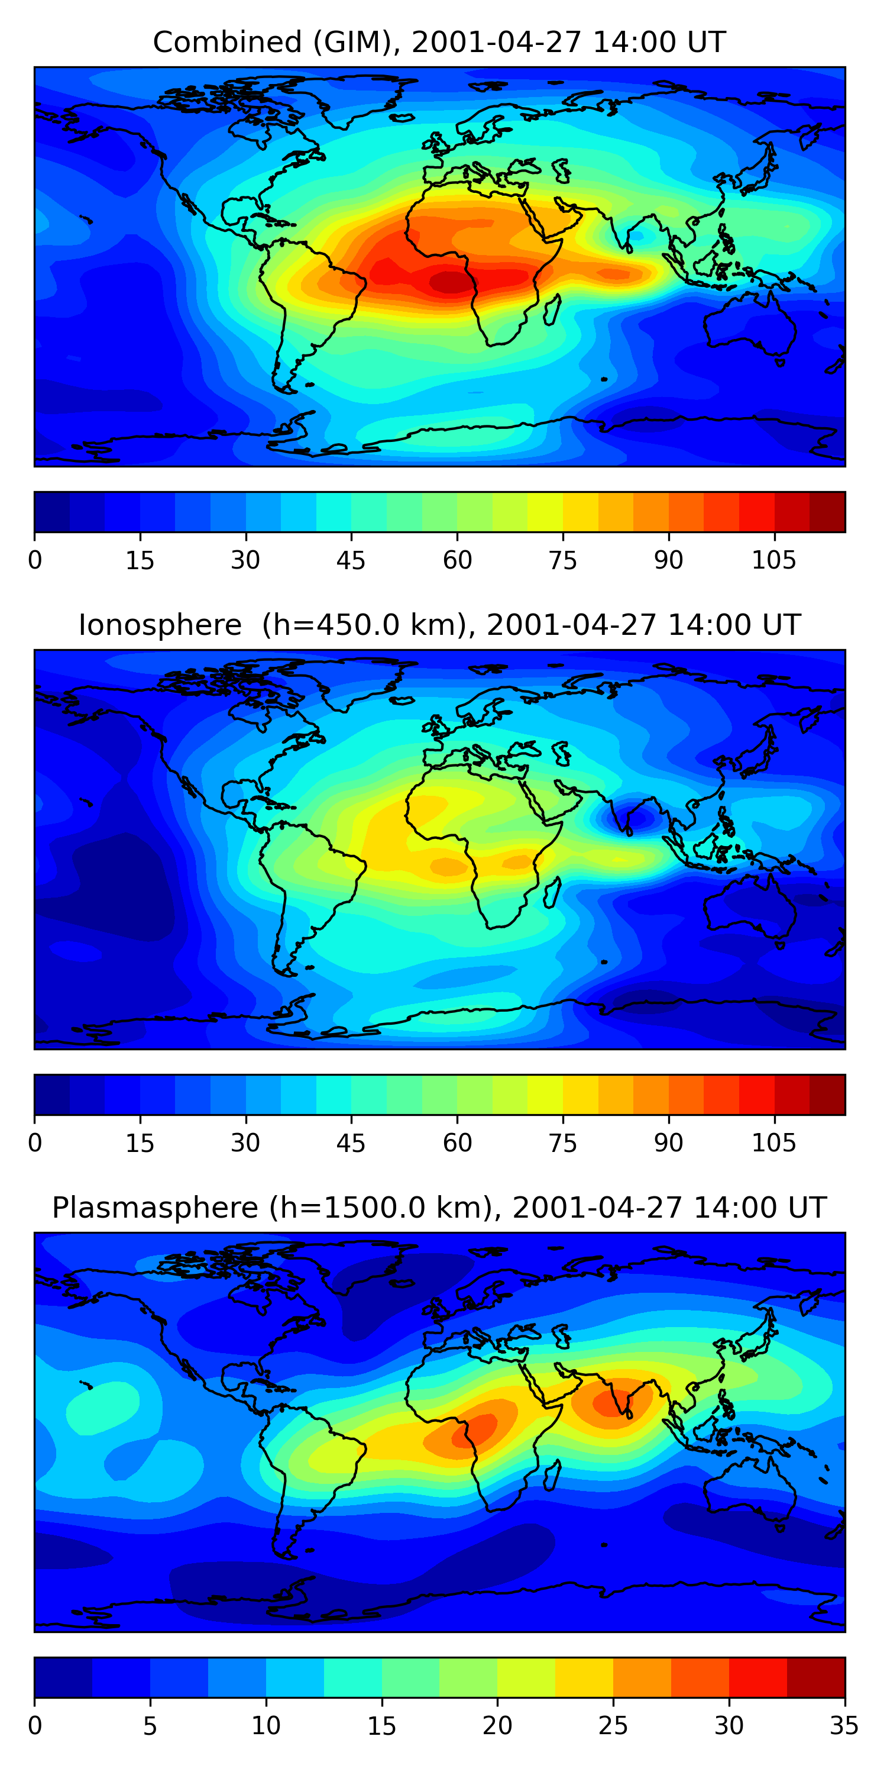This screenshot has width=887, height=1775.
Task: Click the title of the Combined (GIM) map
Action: (x=439, y=42)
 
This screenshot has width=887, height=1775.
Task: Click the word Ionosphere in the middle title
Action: (x=160, y=625)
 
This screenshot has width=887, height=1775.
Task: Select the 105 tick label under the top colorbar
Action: (x=773, y=560)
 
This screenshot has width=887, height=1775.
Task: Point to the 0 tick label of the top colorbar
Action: (x=35, y=560)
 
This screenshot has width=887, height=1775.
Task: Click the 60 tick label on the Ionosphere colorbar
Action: (x=457, y=1143)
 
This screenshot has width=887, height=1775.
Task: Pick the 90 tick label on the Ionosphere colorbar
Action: (x=668, y=1143)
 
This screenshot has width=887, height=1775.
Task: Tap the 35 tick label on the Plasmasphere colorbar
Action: (x=844, y=1725)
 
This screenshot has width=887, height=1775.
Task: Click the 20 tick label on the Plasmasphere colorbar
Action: (x=497, y=1725)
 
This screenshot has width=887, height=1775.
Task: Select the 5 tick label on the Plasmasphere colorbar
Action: (x=150, y=1725)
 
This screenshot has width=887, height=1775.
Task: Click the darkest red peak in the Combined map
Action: (x=451, y=281)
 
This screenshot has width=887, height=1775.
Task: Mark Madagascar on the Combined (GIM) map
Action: (x=552, y=309)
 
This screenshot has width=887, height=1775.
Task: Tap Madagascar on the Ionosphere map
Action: (x=552, y=892)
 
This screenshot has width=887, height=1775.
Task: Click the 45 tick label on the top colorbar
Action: (x=351, y=560)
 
